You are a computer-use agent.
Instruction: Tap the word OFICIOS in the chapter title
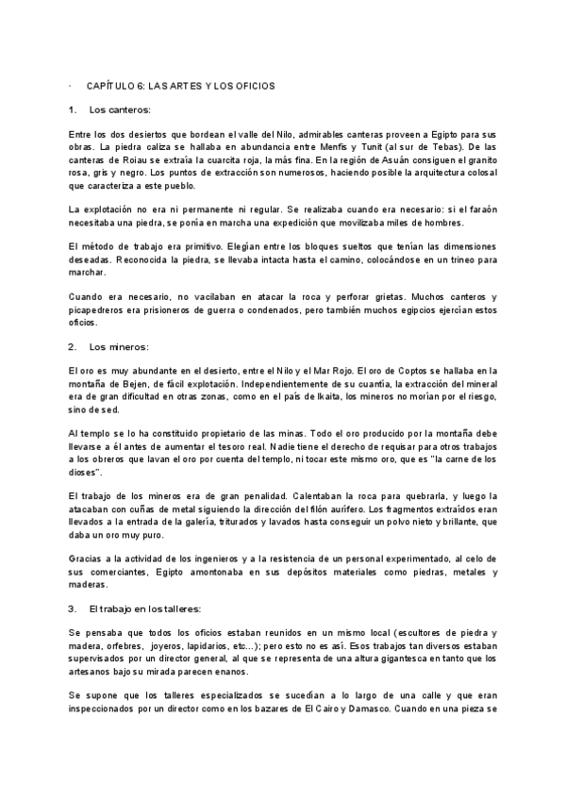coord(251,86)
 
